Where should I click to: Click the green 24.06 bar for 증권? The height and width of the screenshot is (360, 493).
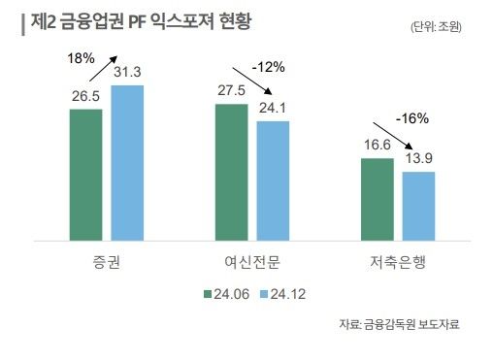click(85, 174)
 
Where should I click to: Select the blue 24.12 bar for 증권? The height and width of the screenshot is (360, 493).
click(127, 162)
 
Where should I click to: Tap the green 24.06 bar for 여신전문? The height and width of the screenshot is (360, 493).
click(231, 171)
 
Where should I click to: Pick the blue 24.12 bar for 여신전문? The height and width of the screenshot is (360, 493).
click(273, 180)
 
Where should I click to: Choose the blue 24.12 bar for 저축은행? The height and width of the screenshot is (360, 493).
click(418, 205)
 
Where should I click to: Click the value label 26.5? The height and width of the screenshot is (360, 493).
click(85, 97)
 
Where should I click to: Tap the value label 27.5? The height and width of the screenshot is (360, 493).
click(231, 91)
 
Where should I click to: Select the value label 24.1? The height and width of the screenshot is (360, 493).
click(273, 109)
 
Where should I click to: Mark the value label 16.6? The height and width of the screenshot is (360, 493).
click(377, 145)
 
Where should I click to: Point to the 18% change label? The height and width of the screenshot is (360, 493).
click(81, 58)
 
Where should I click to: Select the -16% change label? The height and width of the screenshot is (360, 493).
click(411, 118)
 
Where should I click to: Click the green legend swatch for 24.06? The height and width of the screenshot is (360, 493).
click(208, 293)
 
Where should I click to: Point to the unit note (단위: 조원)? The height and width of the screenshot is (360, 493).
click(436, 27)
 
